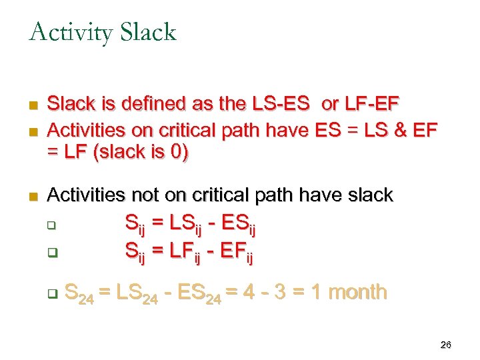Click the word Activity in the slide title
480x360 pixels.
tap(71, 32)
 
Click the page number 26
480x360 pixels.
tap(446, 345)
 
